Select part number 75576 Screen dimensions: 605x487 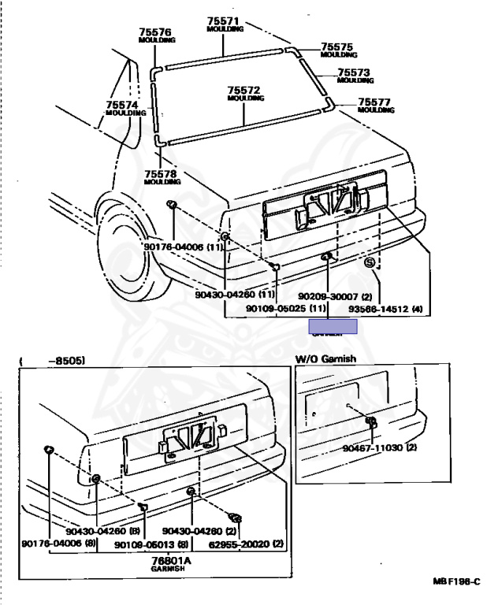156,32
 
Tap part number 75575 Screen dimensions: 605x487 337,47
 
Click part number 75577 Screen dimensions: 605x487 374,102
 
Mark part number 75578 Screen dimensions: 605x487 162,173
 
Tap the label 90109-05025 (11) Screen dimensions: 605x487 286,308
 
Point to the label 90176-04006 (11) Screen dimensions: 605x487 184,247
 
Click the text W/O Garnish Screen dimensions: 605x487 325,358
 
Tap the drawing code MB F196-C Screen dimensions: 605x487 455,581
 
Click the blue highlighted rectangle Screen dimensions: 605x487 333,326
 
